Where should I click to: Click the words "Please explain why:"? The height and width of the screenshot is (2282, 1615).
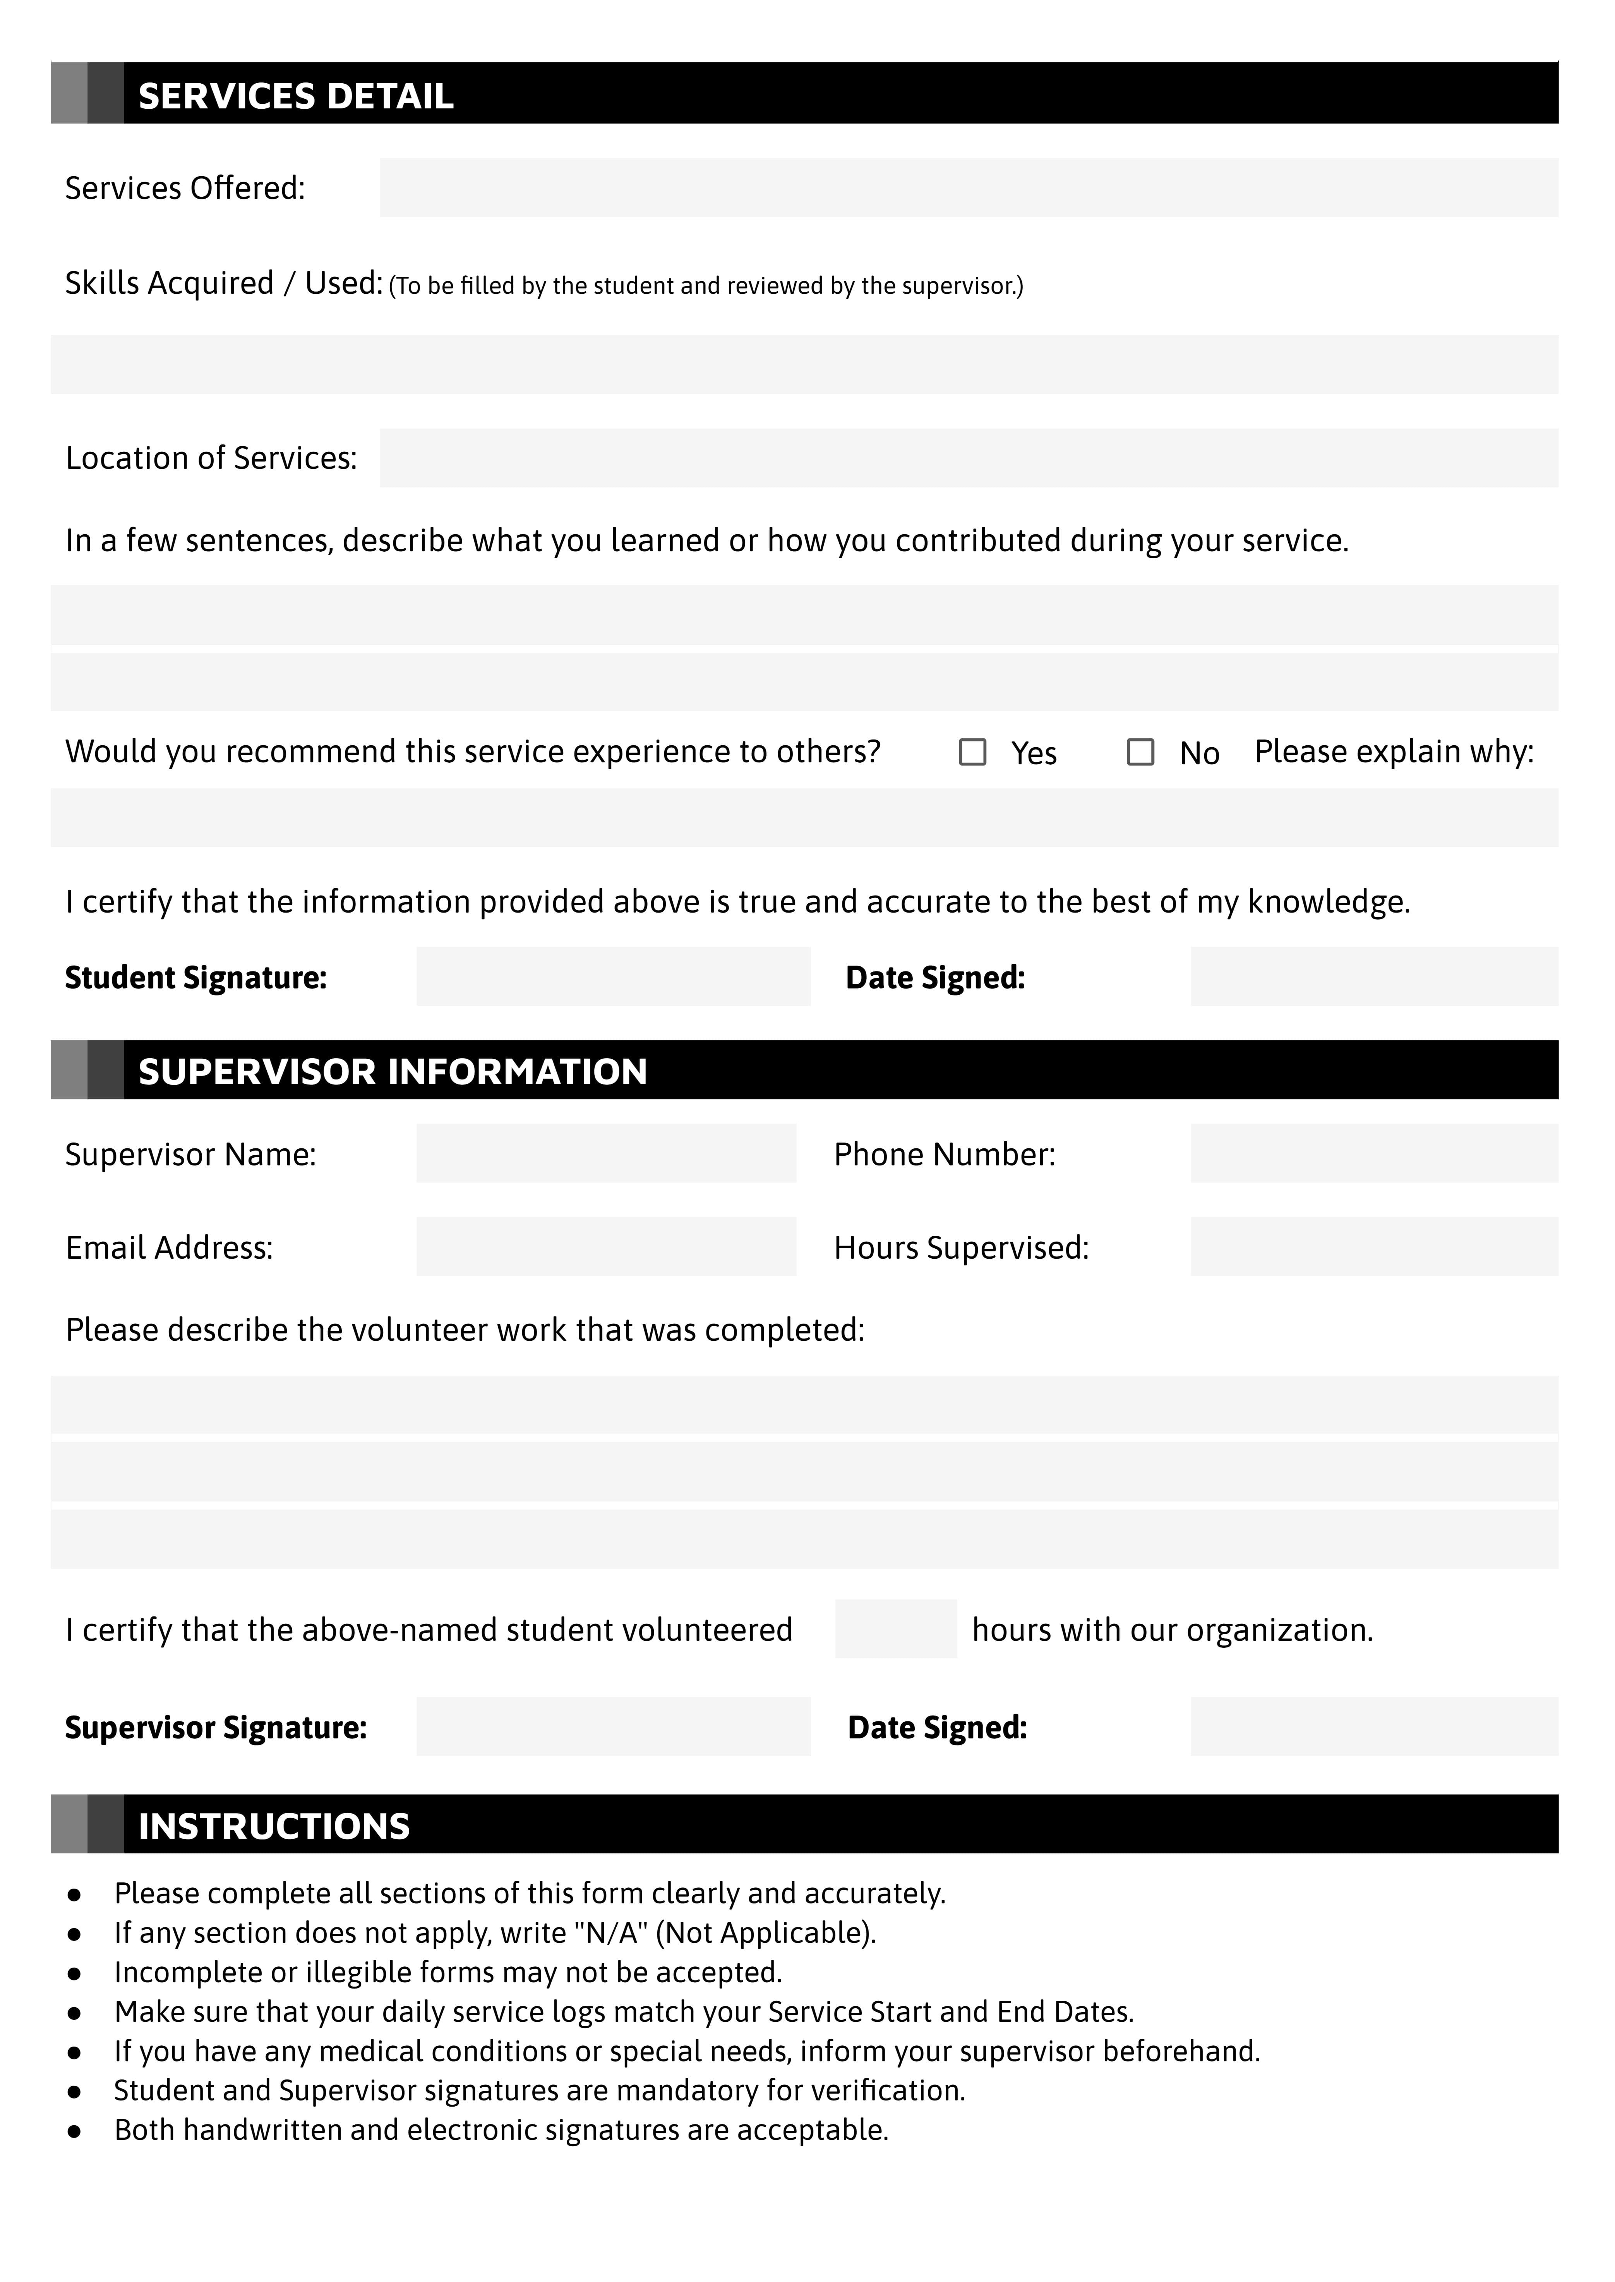coord(1393,752)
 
